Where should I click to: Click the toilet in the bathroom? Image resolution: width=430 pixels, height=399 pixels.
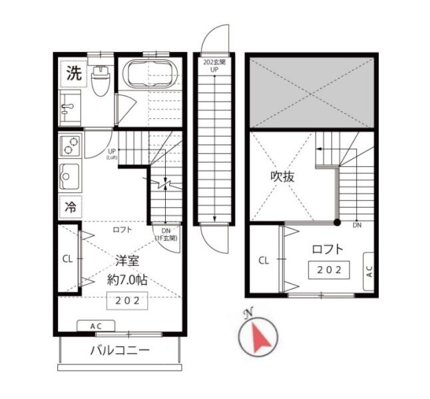pos(101,80)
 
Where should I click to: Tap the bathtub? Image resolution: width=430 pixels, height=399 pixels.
pos(149,73)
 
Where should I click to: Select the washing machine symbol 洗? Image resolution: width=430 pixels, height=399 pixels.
pos(75,73)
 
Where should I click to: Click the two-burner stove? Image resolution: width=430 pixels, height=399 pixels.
pos(71,146)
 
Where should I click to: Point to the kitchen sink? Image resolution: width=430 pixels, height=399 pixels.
pos(70,177)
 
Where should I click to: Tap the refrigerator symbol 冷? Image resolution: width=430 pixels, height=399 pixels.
pos(71,207)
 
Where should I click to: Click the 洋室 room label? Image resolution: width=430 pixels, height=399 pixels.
pos(127,261)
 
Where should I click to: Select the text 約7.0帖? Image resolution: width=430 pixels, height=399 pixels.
pos(127,280)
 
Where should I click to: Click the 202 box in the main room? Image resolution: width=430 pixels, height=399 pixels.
pos(127,301)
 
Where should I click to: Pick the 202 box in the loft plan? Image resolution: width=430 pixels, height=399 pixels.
pos(329,270)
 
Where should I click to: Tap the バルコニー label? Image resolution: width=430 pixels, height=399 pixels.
pos(120,350)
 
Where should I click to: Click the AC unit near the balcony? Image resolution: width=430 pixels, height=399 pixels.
pos(96,326)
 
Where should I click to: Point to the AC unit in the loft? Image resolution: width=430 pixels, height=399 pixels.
pos(369,271)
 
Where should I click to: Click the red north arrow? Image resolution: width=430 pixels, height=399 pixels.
pos(260,338)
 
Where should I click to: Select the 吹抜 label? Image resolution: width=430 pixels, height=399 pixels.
pos(282,177)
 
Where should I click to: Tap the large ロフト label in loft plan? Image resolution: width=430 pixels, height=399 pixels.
pos(327,249)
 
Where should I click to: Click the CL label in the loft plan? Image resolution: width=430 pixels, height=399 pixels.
pos(264,261)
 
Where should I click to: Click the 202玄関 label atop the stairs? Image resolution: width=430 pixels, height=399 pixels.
pos(214,63)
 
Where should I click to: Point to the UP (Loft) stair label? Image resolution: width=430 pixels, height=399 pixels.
pos(112,154)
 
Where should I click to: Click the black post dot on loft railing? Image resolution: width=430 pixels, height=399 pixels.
pos(337,223)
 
